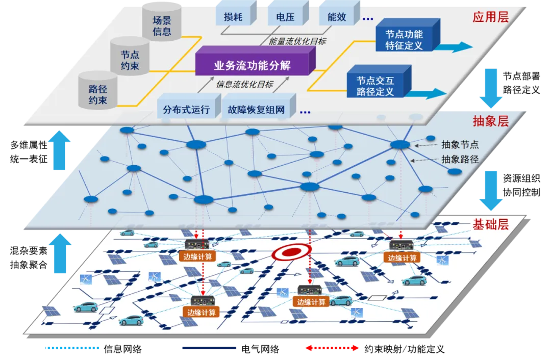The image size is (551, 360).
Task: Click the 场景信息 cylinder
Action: click(162, 22)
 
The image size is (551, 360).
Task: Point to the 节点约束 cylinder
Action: click(130, 56)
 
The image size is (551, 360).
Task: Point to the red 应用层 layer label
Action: click(491, 17)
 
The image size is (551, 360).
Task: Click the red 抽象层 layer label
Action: click(491, 121)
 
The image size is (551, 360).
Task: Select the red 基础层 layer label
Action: click(491, 224)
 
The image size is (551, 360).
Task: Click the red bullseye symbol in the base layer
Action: click(292, 251)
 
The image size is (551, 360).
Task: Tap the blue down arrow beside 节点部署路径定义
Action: click(491, 88)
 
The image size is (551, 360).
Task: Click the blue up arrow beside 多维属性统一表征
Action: click(59, 150)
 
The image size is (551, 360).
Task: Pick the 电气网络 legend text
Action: click(260, 349)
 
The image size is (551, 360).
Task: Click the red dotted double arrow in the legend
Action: click(332, 348)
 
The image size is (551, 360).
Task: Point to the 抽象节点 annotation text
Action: click(460, 144)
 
